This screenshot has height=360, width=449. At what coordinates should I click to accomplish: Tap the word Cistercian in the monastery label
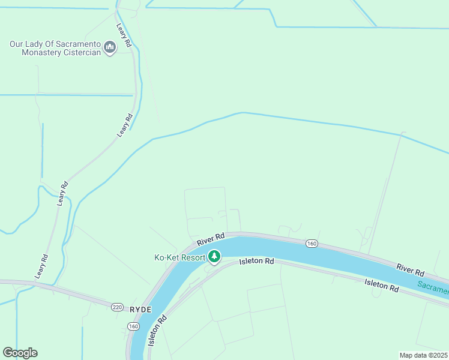click(78, 53)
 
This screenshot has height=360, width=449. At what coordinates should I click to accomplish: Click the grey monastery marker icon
click(110, 47)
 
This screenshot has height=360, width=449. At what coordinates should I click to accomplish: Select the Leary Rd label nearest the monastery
click(124, 36)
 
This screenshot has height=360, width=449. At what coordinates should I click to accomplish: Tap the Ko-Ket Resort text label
click(180, 258)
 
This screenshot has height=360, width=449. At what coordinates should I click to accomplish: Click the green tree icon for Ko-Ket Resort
click(214, 257)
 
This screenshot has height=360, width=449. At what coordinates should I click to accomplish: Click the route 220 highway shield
click(117, 307)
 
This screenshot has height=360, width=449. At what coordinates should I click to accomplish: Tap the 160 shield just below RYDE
click(133, 325)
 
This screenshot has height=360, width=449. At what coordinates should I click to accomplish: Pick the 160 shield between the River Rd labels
click(311, 243)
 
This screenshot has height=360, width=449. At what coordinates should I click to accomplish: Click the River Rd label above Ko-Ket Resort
click(211, 239)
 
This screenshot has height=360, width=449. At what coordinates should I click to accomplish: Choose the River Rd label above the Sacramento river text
click(410, 270)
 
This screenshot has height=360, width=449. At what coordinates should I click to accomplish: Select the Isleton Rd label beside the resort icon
click(256, 262)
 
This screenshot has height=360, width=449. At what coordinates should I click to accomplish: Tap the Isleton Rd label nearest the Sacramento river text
click(382, 285)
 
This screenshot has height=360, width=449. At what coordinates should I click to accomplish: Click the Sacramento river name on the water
click(433, 289)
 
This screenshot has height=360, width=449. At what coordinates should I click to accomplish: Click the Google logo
click(20, 353)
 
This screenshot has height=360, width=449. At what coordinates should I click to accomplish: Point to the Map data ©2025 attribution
click(423, 355)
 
